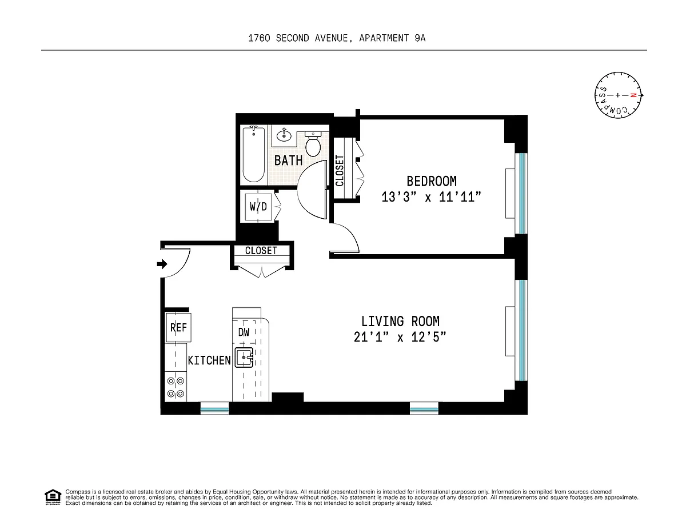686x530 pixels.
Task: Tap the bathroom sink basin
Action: [x=284, y=135]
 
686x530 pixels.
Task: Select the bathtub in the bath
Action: [x=253, y=154]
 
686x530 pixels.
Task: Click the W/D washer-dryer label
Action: [x=258, y=207]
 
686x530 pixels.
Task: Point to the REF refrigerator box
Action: [x=178, y=327]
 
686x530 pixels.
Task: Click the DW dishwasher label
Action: [x=244, y=332]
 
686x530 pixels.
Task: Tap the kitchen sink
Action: [x=244, y=357]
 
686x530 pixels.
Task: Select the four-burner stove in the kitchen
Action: [x=176, y=387]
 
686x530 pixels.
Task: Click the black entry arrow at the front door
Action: [x=162, y=264]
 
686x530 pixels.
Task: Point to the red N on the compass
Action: [x=633, y=95]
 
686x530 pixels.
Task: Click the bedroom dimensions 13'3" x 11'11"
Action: [x=431, y=197]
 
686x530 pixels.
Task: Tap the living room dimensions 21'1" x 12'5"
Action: [x=400, y=337]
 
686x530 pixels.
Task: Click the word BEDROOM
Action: [x=432, y=181]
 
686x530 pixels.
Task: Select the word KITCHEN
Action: [x=209, y=360]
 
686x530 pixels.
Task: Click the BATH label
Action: [x=288, y=160]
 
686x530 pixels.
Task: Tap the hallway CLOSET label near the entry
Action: [x=261, y=251]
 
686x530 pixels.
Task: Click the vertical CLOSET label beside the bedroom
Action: [x=340, y=171]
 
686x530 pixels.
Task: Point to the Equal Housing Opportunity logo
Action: [x=53, y=497]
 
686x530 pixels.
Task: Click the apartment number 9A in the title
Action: [x=420, y=38]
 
